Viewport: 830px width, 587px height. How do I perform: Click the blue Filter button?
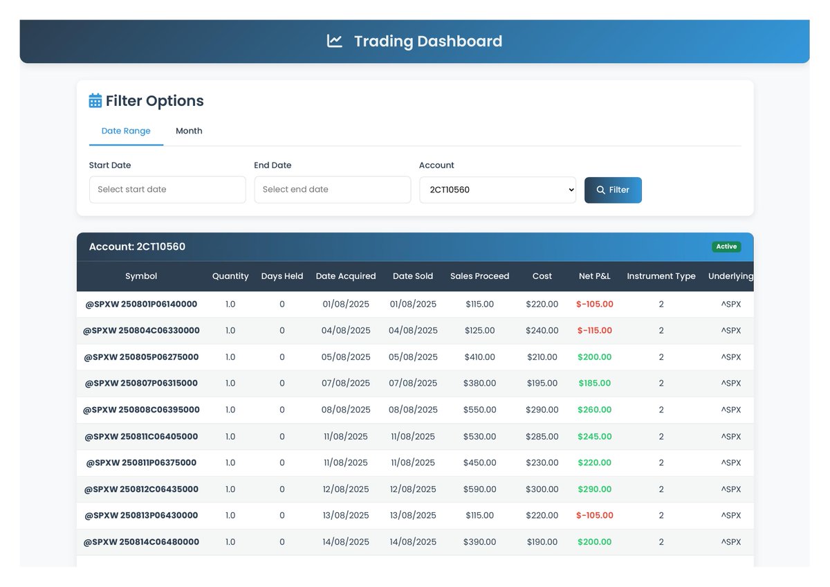click(613, 190)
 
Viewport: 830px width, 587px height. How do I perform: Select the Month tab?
click(189, 131)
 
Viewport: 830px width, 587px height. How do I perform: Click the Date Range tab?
click(126, 131)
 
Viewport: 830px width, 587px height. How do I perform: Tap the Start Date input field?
click(167, 190)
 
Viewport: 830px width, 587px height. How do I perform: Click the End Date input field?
click(332, 190)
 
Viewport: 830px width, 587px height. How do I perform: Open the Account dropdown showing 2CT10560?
click(497, 190)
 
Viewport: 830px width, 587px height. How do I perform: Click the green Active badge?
click(726, 246)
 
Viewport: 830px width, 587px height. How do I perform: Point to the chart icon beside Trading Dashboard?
click(335, 42)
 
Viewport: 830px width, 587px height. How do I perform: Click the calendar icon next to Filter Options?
click(95, 101)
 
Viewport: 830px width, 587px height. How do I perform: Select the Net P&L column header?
click(594, 276)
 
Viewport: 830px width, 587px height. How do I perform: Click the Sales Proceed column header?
click(479, 276)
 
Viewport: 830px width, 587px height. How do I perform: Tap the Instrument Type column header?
click(661, 276)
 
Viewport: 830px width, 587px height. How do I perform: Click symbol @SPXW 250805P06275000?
click(141, 357)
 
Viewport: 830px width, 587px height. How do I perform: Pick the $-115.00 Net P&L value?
click(595, 331)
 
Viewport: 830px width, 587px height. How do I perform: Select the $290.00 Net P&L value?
click(595, 489)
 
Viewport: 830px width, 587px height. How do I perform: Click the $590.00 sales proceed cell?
click(479, 489)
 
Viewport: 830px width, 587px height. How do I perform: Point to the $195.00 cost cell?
click(542, 383)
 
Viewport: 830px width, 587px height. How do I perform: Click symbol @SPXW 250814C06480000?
click(141, 542)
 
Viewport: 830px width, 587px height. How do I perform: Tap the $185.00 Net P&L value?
click(595, 383)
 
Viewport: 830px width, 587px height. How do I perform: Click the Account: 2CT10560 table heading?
click(137, 247)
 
